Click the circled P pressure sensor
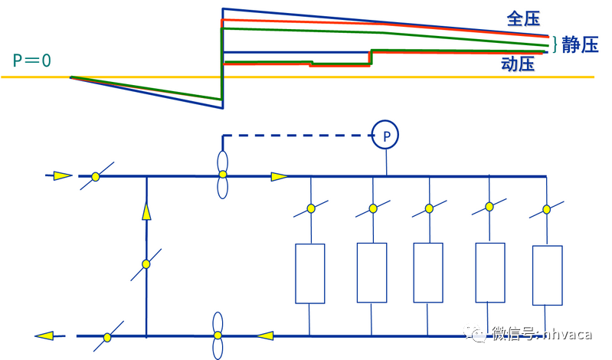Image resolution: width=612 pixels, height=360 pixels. click(x=386, y=136)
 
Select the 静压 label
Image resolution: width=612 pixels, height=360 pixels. click(x=579, y=45)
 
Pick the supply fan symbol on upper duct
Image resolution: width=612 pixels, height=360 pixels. click(x=223, y=175)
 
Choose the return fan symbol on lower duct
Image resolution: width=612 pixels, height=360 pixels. click(x=218, y=335)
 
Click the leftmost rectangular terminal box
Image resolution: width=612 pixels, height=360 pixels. click(x=310, y=273)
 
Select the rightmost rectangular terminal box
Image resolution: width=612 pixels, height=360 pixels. click(x=547, y=275)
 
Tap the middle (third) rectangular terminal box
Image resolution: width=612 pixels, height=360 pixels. click(x=428, y=273)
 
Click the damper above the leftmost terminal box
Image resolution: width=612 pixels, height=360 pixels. click(x=312, y=208)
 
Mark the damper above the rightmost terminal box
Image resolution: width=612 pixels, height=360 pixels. click(x=546, y=208)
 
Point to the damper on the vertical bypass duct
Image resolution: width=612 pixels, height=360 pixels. click(x=146, y=264)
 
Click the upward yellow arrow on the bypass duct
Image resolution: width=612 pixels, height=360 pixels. click(x=146, y=211)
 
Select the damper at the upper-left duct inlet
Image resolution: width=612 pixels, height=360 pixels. click(x=96, y=176)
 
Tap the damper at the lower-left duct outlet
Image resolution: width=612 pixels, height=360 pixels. click(x=106, y=335)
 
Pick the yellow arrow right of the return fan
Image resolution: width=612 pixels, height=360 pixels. click(x=264, y=335)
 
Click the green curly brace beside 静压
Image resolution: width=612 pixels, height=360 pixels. click(x=555, y=44)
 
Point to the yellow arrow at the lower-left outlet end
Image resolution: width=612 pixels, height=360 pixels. click(x=44, y=335)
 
